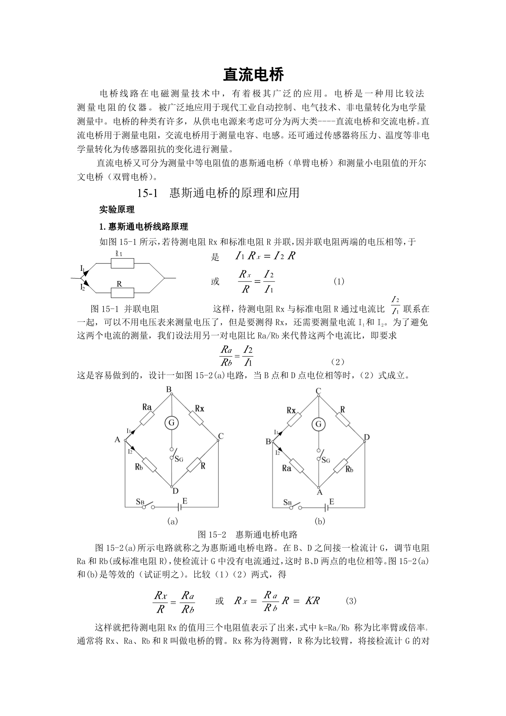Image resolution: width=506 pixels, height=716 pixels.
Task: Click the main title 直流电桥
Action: tap(253, 75)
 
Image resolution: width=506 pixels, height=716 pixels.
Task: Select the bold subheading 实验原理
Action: tap(117, 210)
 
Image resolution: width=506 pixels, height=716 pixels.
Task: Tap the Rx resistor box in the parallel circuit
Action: tap(122, 263)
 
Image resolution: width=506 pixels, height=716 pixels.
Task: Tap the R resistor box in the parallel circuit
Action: tap(122, 292)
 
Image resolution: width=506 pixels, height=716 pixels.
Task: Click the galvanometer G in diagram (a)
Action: tap(171, 423)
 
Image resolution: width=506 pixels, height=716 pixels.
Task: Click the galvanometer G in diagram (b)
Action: tap(318, 424)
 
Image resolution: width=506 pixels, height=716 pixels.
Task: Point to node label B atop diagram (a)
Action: tap(169, 390)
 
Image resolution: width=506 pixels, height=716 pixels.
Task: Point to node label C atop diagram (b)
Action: tap(318, 391)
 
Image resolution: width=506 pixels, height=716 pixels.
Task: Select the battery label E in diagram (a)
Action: tap(184, 501)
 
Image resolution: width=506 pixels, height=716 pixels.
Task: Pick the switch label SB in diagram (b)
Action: tap(287, 502)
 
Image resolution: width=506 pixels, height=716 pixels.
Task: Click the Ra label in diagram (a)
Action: tap(147, 407)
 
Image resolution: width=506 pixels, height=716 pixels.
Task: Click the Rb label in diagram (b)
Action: tap(349, 469)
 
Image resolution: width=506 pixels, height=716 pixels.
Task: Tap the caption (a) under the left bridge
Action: tap(172, 521)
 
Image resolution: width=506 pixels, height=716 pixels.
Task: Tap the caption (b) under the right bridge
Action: tap(320, 521)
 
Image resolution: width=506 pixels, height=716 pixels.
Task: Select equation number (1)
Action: tap(339, 281)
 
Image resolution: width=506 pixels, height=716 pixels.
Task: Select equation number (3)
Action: tap(351, 601)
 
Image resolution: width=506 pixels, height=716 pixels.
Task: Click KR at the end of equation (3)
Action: tap(313, 601)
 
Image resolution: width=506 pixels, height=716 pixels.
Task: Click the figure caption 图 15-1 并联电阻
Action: tap(125, 309)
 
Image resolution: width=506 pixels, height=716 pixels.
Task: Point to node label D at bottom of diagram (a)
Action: tap(175, 491)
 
